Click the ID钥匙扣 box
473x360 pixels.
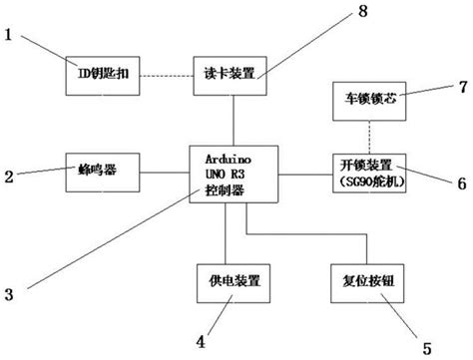pos(99,73)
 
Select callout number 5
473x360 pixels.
pos(426,348)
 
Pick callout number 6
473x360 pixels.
pos(462,183)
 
